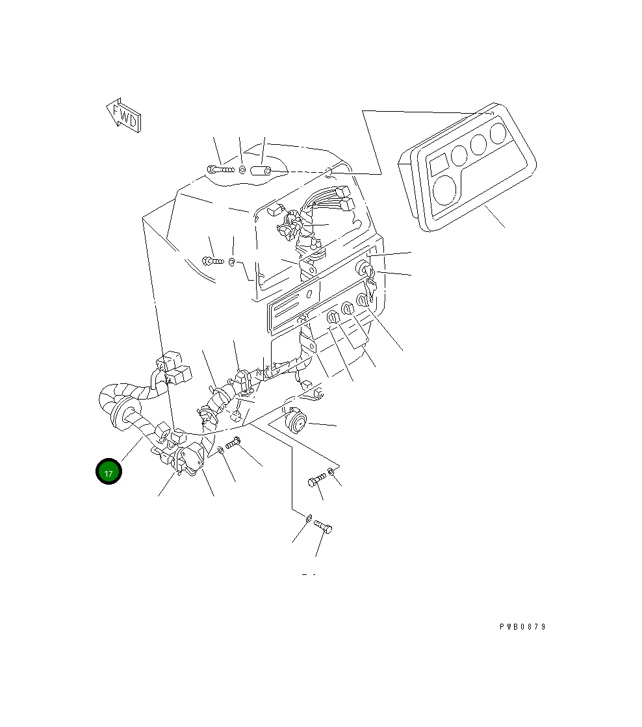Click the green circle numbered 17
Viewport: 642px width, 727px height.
109,472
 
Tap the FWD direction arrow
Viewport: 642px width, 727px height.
123,116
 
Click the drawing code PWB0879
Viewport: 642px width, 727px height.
522,627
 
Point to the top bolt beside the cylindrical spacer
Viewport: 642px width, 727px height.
220,170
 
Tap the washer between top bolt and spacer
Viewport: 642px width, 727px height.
242,170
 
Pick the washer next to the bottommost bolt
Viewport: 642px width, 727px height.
308,518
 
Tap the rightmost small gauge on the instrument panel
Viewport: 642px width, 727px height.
498,134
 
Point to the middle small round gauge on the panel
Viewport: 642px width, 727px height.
480,144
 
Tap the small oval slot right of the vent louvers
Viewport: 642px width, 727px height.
311,294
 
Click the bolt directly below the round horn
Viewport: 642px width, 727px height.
316,481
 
